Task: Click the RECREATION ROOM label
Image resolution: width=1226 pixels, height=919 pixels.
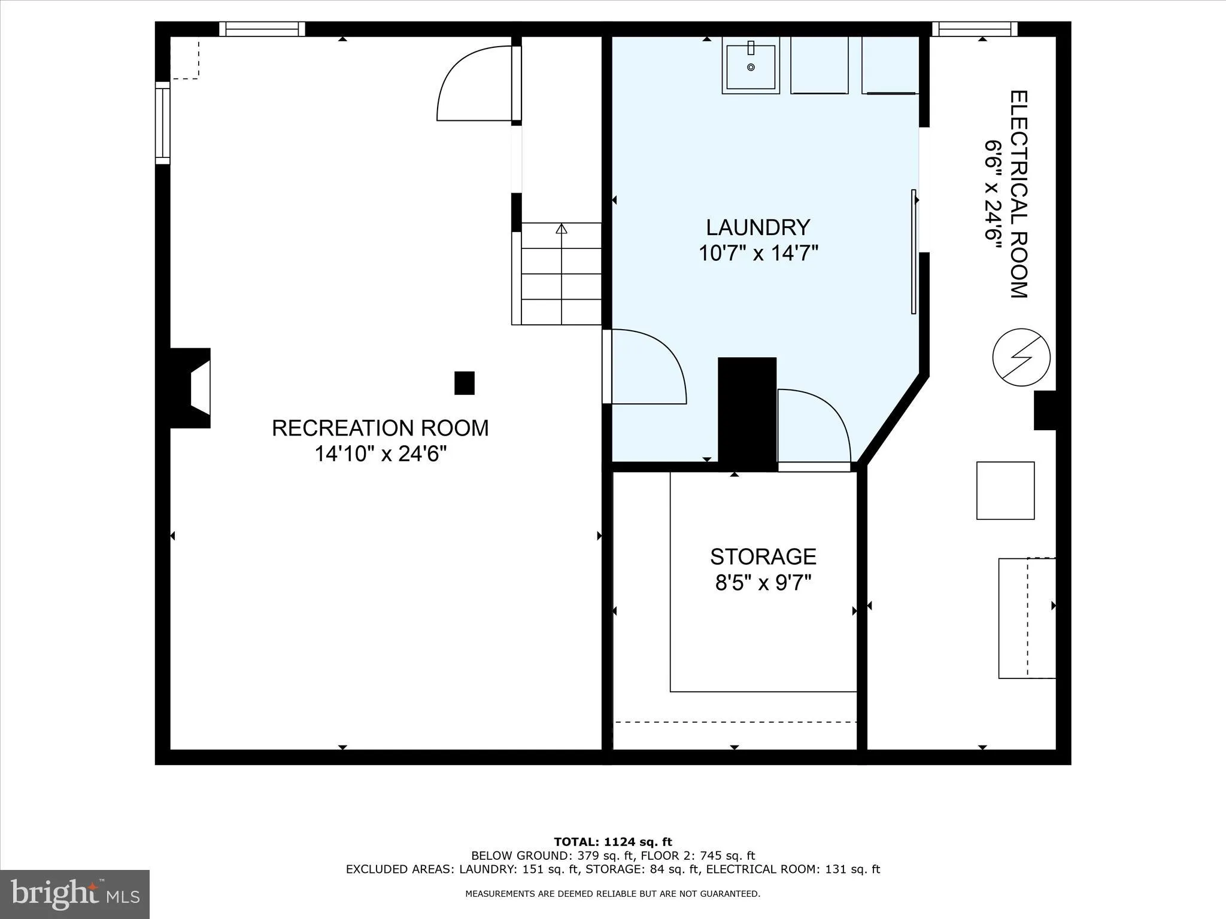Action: tap(380, 428)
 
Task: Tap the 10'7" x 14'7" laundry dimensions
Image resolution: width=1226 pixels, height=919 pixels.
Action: tap(758, 254)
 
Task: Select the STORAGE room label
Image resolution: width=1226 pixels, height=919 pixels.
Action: tap(763, 557)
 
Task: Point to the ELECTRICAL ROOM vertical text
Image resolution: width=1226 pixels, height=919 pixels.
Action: tap(1019, 194)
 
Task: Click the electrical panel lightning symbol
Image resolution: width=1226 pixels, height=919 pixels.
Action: tap(1021, 357)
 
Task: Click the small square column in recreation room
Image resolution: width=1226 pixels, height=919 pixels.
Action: tap(465, 383)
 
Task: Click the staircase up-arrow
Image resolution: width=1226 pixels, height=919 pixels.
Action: tap(561, 229)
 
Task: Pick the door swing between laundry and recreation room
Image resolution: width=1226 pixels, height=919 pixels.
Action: tap(647, 368)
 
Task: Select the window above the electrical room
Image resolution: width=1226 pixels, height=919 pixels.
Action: tap(975, 29)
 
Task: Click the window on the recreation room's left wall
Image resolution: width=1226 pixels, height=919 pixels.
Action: tap(162, 123)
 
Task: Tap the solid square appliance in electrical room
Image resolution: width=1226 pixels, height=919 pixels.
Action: tap(1005, 491)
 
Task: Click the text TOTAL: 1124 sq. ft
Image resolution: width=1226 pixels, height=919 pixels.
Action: tap(612, 842)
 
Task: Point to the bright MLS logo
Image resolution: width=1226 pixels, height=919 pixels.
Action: tap(75, 894)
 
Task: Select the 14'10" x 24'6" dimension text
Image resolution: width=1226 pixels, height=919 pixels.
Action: tap(381, 455)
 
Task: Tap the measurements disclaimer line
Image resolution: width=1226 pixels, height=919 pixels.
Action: tap(612, 894)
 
